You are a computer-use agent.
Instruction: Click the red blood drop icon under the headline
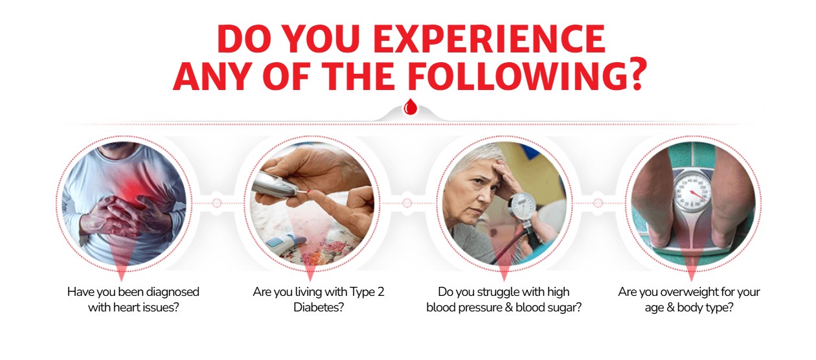pos(409,107)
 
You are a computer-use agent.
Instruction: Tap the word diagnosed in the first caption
pos(172,292)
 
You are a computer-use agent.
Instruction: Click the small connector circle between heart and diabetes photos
pos(217,203)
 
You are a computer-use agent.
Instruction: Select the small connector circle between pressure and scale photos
pos(598,203)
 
